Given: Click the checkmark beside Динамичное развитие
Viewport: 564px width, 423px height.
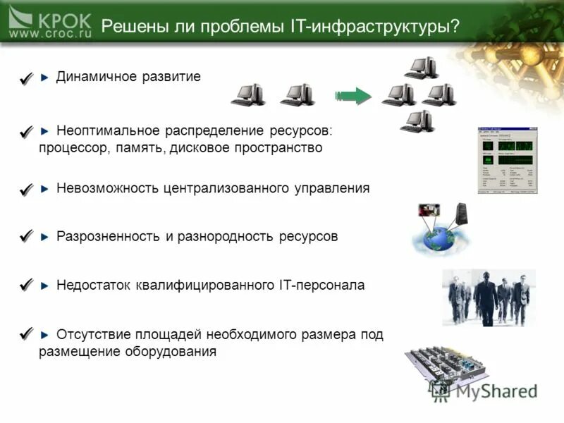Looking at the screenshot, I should [x=26, y=79].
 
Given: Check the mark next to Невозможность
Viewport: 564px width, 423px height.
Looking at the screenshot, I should [x=26, y=190].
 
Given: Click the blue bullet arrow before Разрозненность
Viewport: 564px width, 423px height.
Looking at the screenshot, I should [x=45, y=237].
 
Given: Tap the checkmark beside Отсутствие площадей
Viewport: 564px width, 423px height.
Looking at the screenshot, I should [x=26, y=333].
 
